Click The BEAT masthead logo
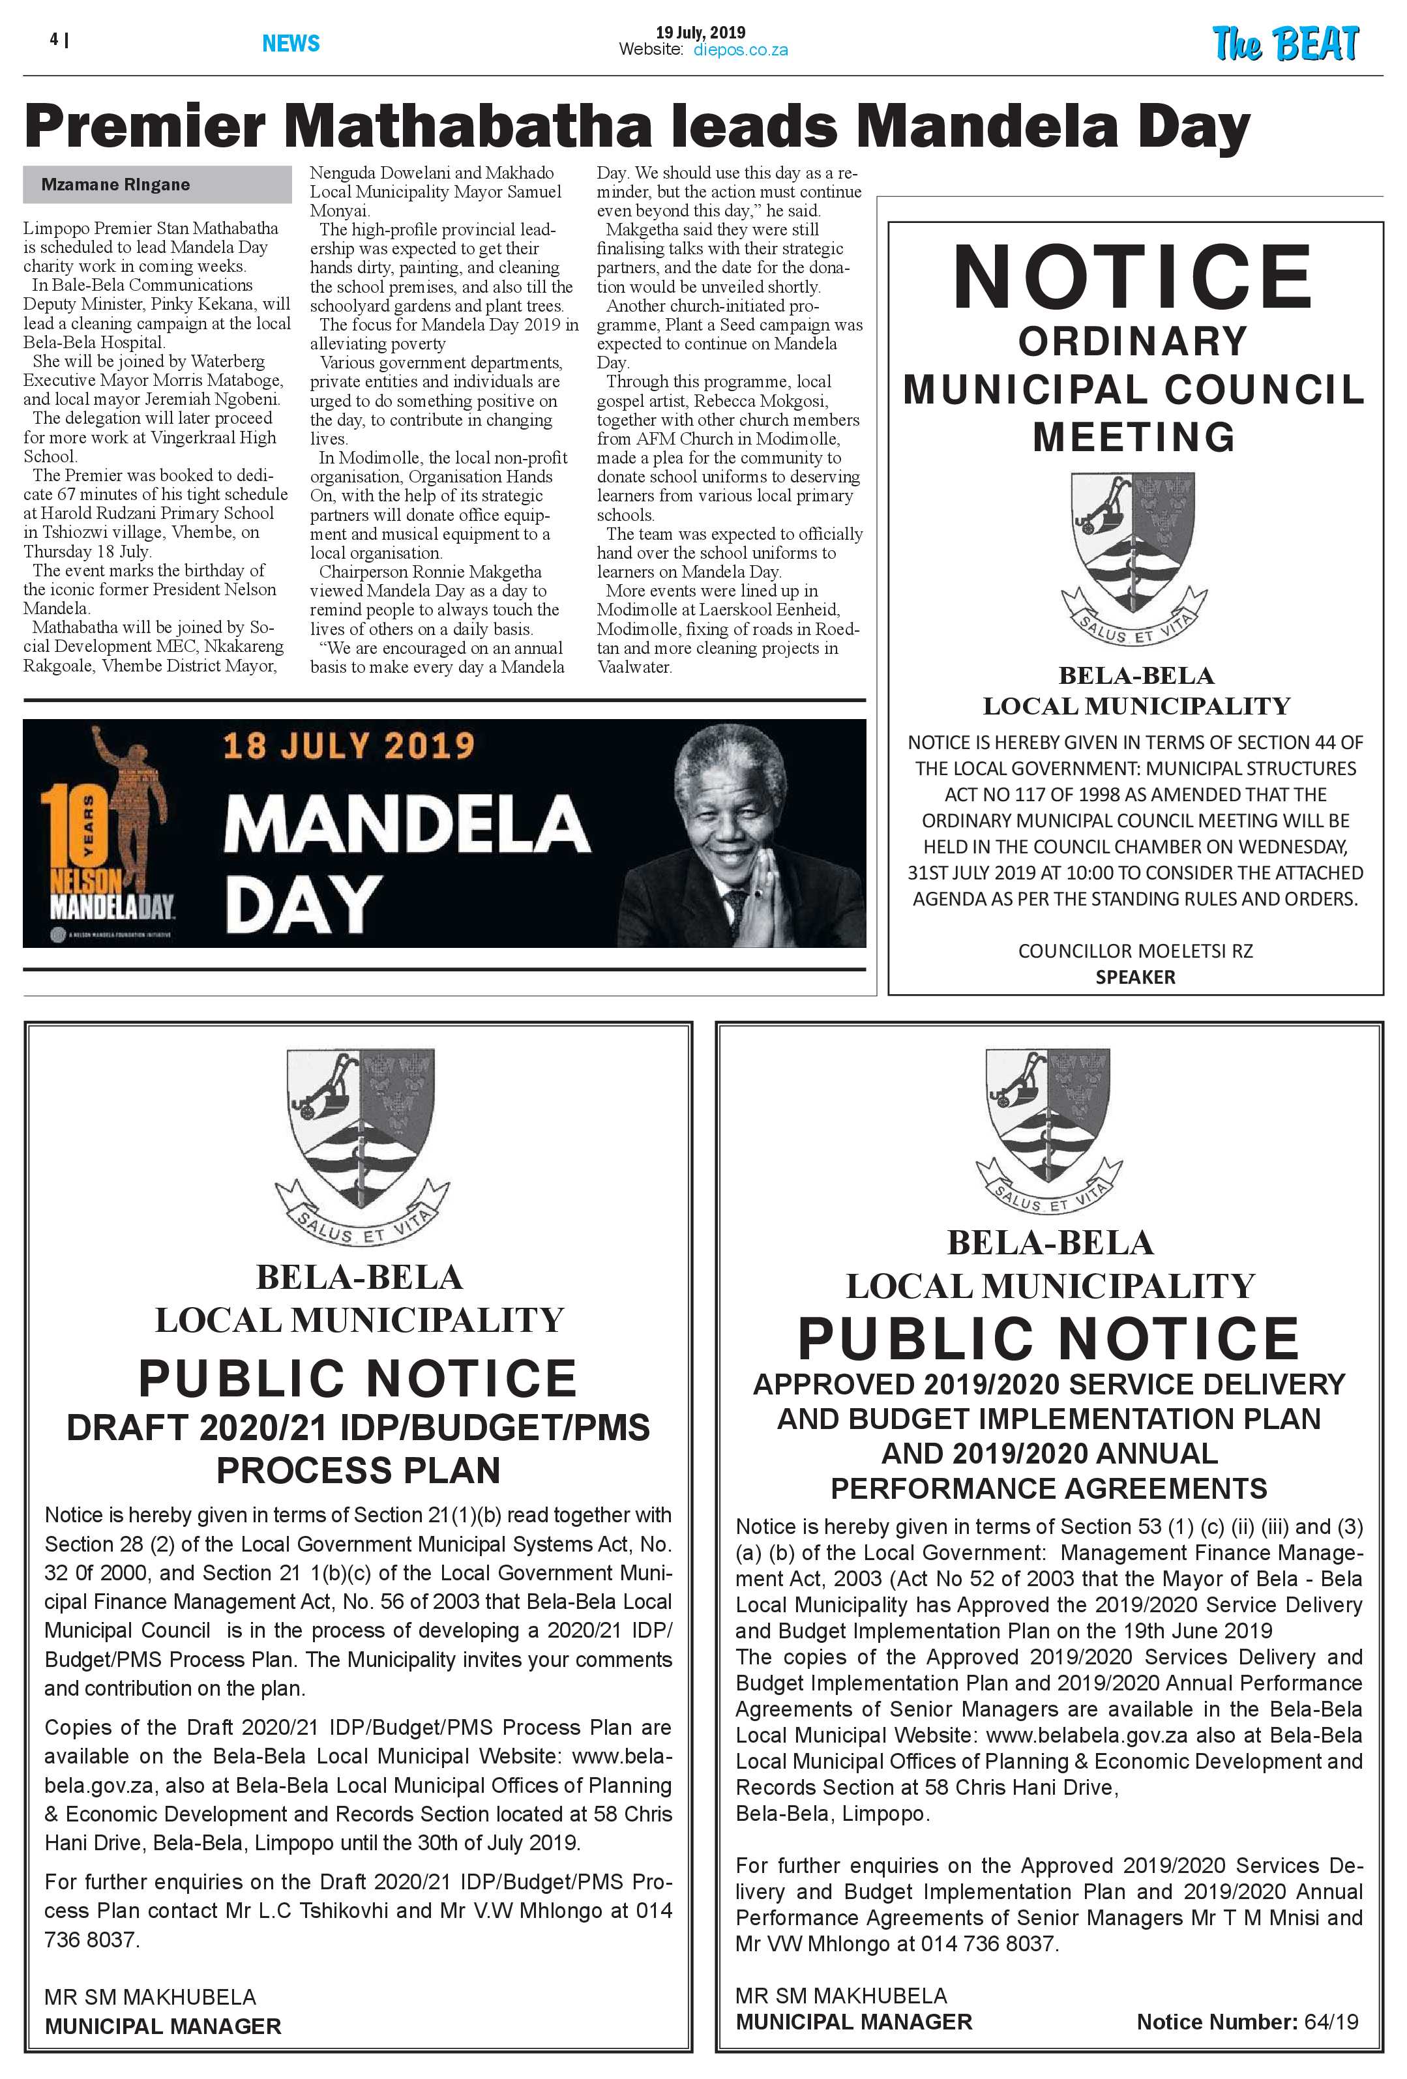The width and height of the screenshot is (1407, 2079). click(x=1284, y=44)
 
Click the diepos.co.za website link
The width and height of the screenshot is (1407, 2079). click(x=740, y=51)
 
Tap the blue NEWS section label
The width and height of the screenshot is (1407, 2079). click(x=291, y=43)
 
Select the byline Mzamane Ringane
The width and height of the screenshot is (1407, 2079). click(x=115, y=185)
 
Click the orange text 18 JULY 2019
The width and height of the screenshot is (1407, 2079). click(x=348, y=745)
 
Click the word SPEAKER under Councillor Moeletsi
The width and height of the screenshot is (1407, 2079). click(x=1134, y=977)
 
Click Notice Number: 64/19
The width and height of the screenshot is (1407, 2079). click(x=1246, y=2022)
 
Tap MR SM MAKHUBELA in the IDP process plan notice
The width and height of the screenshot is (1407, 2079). click(x=150, y=1997)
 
